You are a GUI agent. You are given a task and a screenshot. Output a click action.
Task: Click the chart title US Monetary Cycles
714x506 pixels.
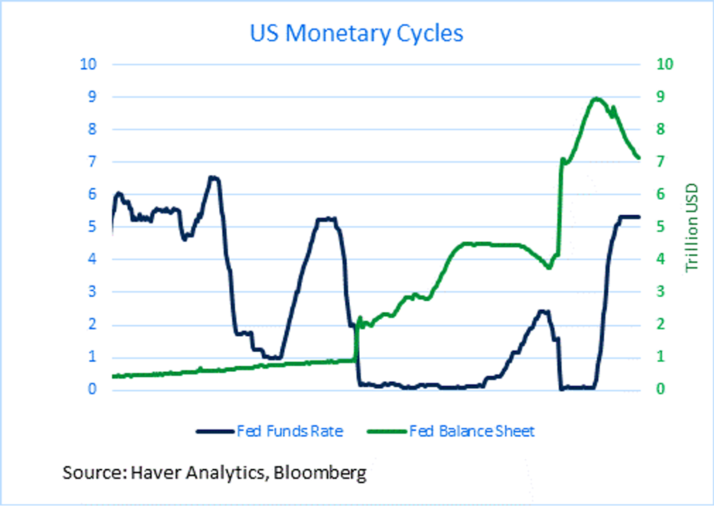pyautogui.click(x=356, y=34)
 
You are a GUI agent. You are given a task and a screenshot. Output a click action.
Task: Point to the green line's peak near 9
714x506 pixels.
pyautogui.click(x=596, y=98)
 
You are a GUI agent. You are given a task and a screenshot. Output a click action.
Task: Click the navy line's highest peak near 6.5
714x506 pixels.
pyautogui.click(x=213, y=178)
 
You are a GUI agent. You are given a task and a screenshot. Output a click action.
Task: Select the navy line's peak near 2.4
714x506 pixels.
pyautogui.click(x=543, y=311)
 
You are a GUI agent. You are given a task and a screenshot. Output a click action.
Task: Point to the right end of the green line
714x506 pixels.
pyautogui.click(x=639, y=158)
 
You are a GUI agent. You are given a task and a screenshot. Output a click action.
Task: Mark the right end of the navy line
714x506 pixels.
pyautogui.click(x=639, y=216)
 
